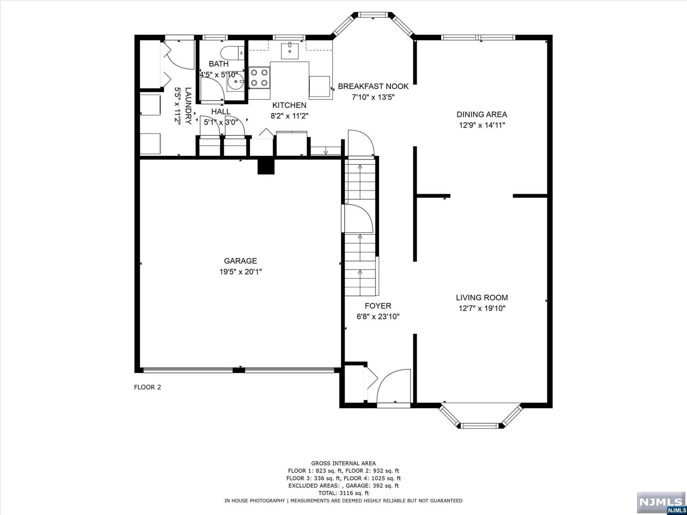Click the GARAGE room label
pos(240,261)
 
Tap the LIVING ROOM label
pos(482,297)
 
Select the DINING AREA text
pos(482,114)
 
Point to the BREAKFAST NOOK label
pos(373,86)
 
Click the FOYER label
pos(378,306)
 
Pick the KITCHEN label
pos(289,105)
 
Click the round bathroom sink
pos(236,81)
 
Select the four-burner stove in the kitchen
pos(259,78)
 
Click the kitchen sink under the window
pos(289,51)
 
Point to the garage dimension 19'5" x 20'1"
pos(241,272)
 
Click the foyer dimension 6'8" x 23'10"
pos(378,317)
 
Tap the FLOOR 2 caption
pos(148,387)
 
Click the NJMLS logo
pos(661,502)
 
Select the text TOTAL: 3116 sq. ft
pos(343,493)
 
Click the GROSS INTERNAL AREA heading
pos(343,463)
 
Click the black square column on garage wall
pos(266,166)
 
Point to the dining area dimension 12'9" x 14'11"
pos(482,125)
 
